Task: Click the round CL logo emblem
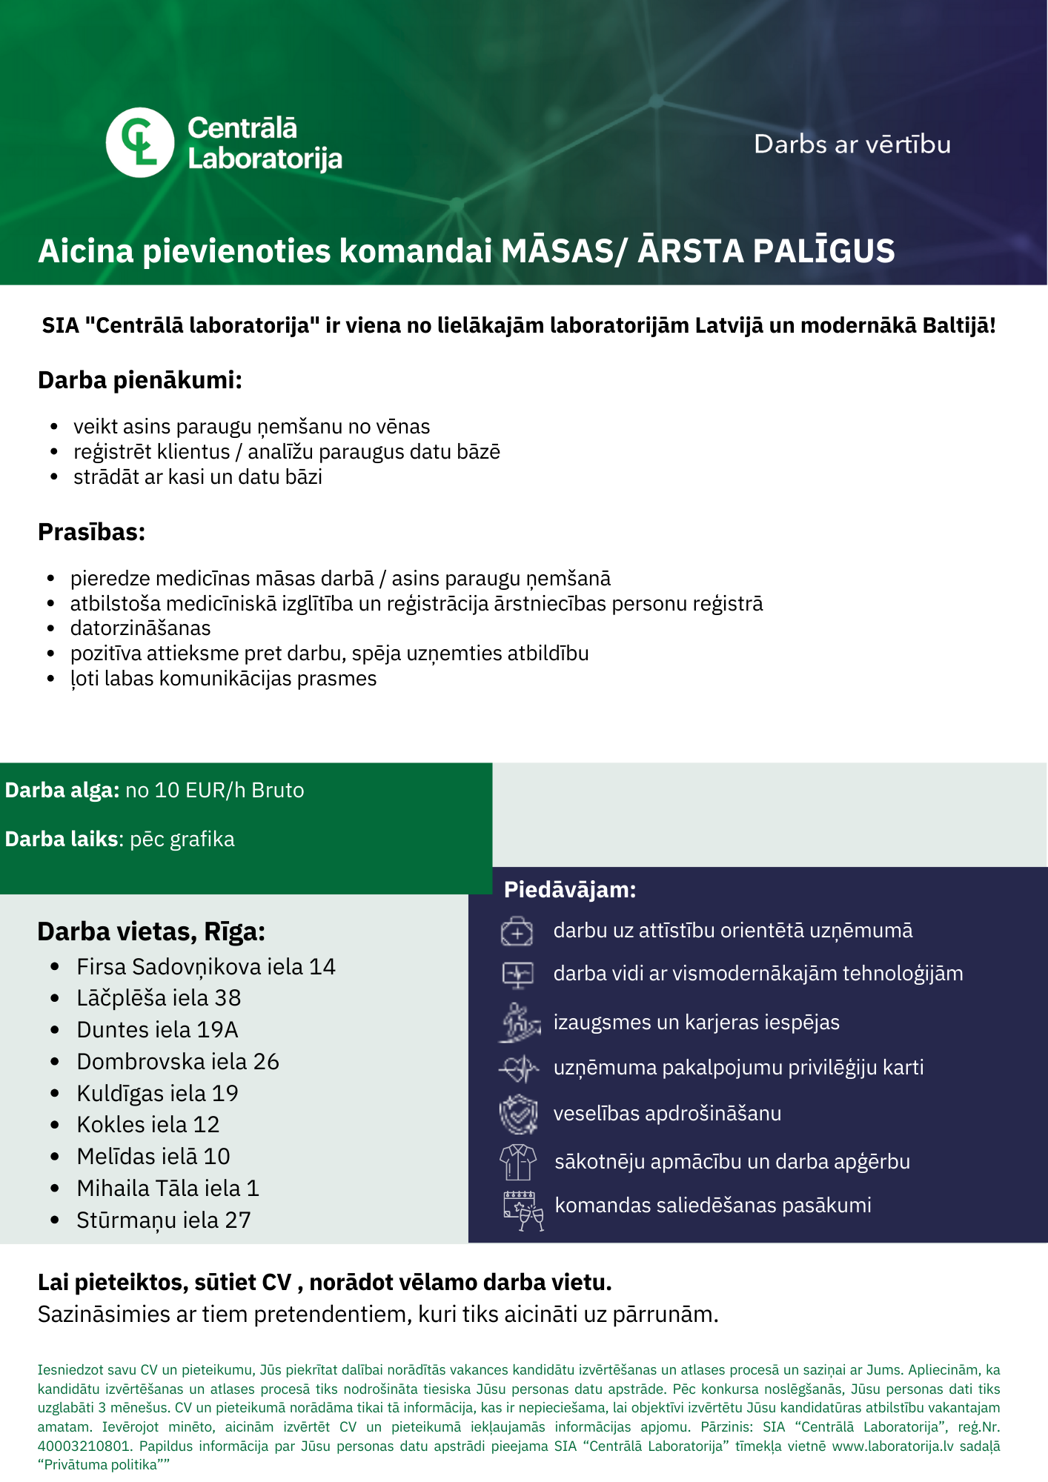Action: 140,142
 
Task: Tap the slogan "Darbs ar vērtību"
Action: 852,144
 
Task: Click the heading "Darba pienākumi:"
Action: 140,380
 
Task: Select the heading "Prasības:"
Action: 91,532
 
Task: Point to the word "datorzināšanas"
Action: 140,628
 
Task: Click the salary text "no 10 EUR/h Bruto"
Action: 215,791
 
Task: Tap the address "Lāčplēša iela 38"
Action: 159,998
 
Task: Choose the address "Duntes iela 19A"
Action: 157,1030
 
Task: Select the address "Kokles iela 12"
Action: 148,1125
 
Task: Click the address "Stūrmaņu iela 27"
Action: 164,1220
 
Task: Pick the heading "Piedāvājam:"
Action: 570,890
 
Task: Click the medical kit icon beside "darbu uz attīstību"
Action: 517,931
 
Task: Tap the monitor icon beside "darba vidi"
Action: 517,974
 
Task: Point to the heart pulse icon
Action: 518,1069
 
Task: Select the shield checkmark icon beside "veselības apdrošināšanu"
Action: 518,1114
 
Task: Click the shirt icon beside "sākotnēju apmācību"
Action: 518,1161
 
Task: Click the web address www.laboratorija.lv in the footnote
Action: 892,1446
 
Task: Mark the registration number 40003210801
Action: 84,1446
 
